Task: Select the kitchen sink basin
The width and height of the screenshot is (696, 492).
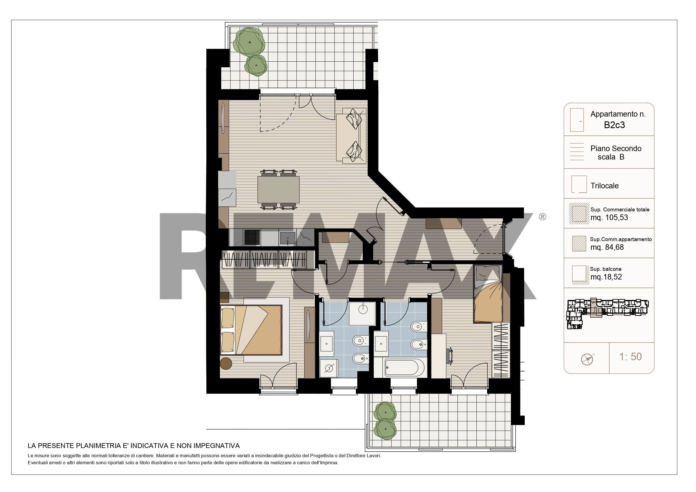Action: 287,238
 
